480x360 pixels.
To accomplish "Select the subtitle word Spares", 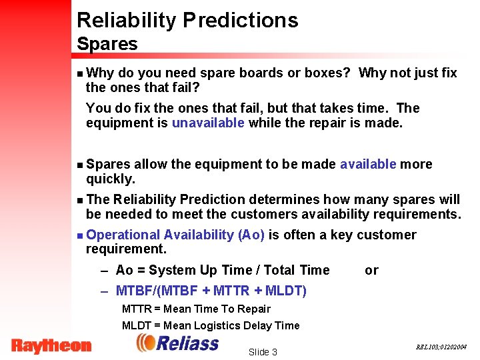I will (x=107, y=45).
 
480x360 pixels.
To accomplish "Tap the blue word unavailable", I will (x=207, y=123).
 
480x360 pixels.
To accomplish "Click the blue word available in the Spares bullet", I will (x=368, y=164).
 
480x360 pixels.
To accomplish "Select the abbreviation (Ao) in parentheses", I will (x=251, y=235).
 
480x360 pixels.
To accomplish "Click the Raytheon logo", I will (x=51, y=345).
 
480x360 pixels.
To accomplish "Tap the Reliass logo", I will (x=177, y=343).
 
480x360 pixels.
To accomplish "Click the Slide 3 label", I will (x=262, y=352).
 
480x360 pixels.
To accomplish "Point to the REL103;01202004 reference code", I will (x=441, y=347).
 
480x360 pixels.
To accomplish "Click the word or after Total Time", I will (x=371, y=270).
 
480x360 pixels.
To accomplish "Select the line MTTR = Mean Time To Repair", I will (x=196, y=309).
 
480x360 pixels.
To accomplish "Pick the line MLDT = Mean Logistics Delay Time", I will (x=210, y=325).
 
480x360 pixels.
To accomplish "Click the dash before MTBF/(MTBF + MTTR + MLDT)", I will (x=104, y=291).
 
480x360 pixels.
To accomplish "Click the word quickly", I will (x=110, y=179).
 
